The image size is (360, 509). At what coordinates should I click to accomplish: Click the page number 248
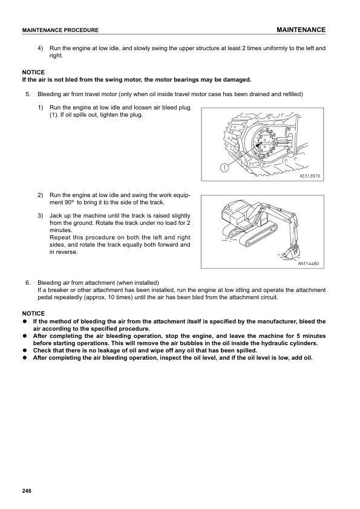[x=27, y=491]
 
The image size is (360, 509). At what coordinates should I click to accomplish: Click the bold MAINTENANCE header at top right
[x=301, y=30]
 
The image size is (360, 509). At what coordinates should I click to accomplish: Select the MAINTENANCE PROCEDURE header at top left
[x=60, y=30]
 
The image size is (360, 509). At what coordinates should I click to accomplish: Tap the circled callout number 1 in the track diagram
[x=224, y=167]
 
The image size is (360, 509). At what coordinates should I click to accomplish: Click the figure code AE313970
[x=310, y=176]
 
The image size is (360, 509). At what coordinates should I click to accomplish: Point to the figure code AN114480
[x=309, y=264]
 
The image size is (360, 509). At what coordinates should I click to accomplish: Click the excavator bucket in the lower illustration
[x=289, y=253]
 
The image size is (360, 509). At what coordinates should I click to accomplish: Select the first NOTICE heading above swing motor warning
[x=33, y=73]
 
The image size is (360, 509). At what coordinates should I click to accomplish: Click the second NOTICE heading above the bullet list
[x=33, y=314]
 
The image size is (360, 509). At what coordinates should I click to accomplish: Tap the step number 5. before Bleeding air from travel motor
[x=28, y=94]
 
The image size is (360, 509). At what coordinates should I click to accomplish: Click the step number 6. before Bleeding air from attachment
[x=28, y=283]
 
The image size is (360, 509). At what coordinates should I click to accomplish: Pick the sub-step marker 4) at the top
[x=41, y=48]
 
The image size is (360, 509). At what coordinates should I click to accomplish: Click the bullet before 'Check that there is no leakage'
[x=24, y=351]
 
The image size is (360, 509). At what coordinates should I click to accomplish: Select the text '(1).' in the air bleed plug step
[x=54, y=115]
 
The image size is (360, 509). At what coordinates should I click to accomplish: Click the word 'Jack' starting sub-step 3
[x=55, y=216]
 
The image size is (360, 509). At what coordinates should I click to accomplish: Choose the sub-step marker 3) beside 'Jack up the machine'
[x=41, y=216]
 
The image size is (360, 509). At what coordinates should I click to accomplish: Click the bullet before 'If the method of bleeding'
[x=24, y=322]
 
